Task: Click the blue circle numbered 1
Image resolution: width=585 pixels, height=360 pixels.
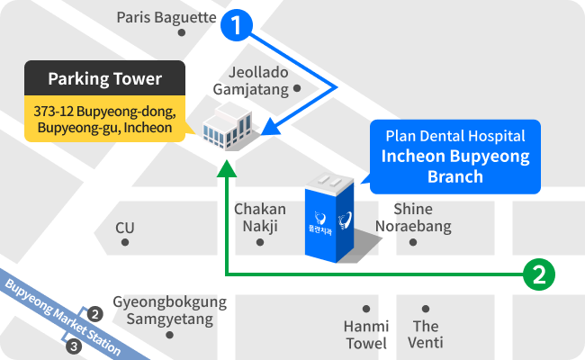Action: click(237, 25)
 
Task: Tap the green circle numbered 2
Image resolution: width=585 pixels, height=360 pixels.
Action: click(539, 274)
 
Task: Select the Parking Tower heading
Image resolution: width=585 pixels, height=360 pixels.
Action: click(104, 78)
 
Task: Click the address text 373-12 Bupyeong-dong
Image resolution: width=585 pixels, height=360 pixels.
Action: click(104, 112)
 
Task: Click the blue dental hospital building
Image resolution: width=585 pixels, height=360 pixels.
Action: click(329, 218)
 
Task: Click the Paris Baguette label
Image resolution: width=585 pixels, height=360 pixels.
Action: click(166, 17)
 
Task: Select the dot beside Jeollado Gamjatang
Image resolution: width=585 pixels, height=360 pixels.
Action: click(297, 88)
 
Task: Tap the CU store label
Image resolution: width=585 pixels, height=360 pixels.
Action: click(124, 228)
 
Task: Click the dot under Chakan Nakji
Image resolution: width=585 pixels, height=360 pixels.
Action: click(260, 242)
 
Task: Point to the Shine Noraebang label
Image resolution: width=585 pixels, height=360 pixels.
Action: click(413, 218)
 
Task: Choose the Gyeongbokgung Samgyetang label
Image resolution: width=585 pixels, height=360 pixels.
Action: click(170, 310)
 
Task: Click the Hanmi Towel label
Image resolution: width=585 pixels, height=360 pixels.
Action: click(366, 335)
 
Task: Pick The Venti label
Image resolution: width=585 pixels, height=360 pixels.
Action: click(426, 335)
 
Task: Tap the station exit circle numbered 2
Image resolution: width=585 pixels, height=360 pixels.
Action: click(95, 314)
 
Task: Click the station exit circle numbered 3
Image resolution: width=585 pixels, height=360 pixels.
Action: click(74, 346)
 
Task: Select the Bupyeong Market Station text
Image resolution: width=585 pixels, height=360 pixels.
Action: click(63, 317)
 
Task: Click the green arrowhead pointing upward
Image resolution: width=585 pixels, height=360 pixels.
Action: click(227, 168)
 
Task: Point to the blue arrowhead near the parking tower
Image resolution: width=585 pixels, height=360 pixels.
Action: click(272, 128)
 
